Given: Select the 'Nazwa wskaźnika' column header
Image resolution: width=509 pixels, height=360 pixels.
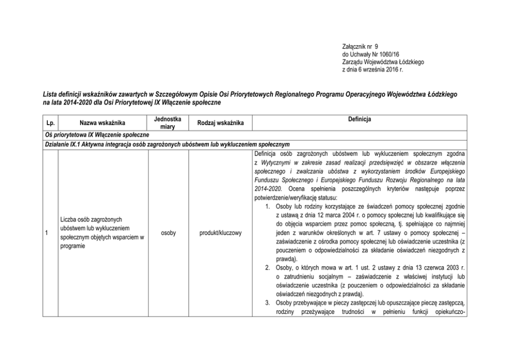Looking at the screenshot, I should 102,123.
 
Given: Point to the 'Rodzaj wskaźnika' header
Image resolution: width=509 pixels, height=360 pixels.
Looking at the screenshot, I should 221,123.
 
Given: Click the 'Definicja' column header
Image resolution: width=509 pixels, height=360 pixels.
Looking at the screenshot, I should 359,119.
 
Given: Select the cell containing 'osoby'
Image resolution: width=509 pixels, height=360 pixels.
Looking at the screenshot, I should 168,233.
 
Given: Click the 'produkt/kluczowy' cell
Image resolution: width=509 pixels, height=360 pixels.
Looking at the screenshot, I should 221,233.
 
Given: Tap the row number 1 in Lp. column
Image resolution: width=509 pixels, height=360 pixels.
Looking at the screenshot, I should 47,233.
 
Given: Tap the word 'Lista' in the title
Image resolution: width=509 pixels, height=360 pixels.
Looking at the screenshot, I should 50,95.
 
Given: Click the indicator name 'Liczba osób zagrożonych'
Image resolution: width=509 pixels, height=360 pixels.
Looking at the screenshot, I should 92,218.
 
